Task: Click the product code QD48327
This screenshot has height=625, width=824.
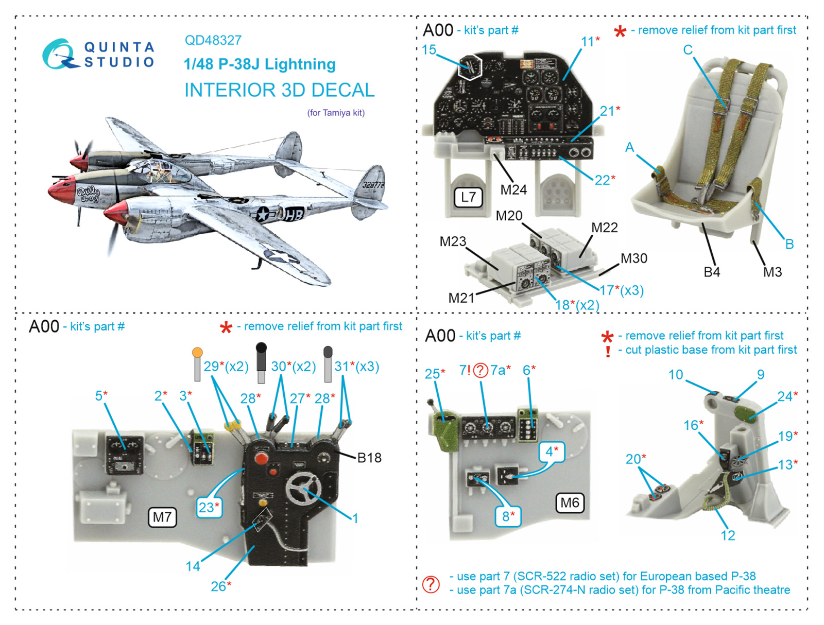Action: [213, 40]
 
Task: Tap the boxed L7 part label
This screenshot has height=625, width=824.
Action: [468, 197]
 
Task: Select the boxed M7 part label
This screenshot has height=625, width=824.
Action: [162, 517]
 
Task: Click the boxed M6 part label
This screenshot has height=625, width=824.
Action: [570, 502]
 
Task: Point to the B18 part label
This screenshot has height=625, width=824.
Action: [369, 458]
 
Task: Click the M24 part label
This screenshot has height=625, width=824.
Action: [513, 190]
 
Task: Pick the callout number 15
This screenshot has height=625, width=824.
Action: [428, 49]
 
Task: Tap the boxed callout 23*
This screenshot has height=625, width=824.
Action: [209, 508]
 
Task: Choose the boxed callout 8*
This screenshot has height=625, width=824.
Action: [508, 516]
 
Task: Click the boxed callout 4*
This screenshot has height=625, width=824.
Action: [552, 452]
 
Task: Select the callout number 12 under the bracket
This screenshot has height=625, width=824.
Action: [728, 535]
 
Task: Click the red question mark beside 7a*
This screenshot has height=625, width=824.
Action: [480, 371]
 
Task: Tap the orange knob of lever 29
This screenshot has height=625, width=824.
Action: [197, 353]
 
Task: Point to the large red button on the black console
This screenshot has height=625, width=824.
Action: [260, 458]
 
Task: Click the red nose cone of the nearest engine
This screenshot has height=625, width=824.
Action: [115, 212]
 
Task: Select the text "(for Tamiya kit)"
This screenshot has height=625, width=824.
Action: [336, 113]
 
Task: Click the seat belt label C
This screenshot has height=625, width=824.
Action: [688, 50]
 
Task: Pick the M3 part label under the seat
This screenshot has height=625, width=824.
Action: [772, 272]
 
